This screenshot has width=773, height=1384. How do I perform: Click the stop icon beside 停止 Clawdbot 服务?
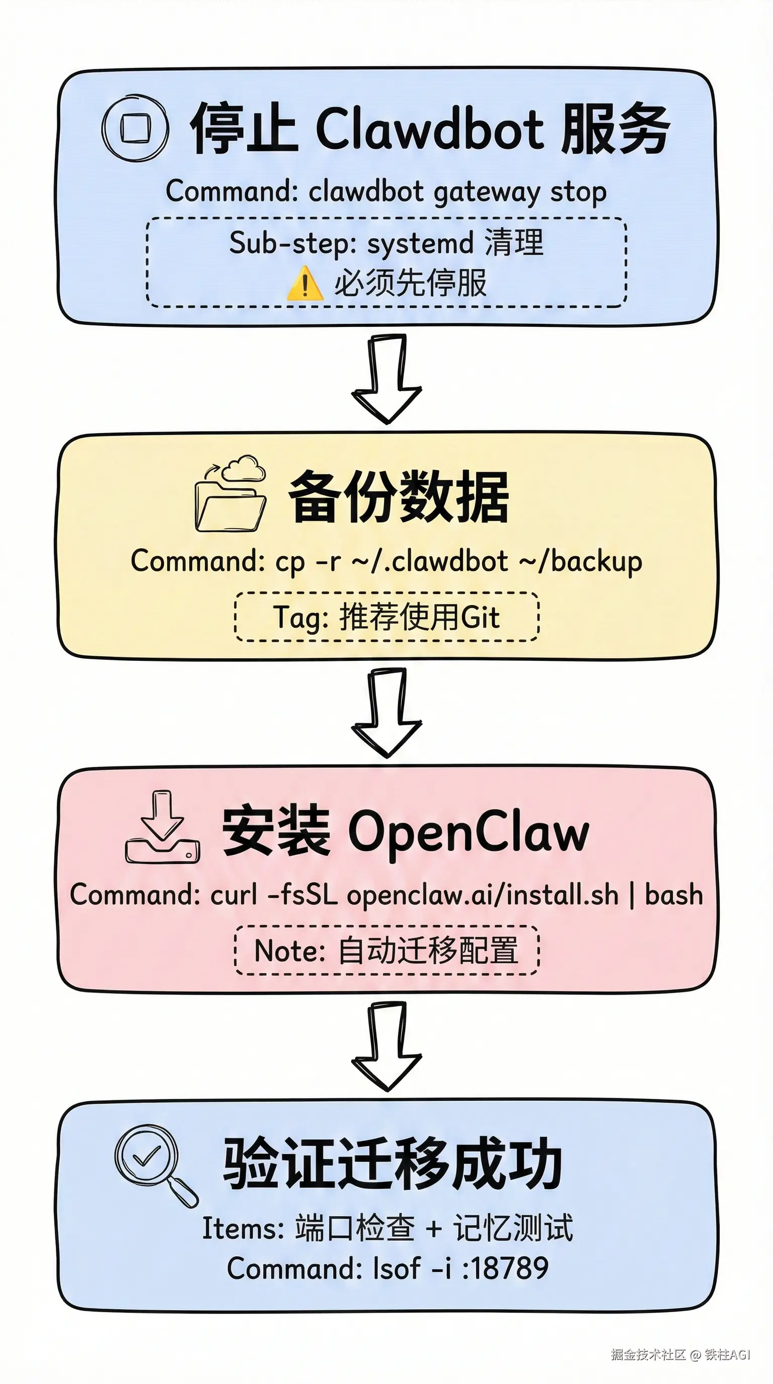coord(135,128)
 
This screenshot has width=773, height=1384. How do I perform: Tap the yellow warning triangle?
coord(305,283)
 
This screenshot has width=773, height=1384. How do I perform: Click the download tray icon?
coord(163,828)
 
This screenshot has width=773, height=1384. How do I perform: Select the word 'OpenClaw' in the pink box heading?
coord(468,833)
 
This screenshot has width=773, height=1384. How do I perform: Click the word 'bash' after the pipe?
coord(673,895)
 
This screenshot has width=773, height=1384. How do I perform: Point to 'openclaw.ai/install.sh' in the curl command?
coord(482,895)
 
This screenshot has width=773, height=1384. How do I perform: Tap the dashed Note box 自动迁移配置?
coord(386,950)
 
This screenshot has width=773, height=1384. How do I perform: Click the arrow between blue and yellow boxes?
coord(386,379)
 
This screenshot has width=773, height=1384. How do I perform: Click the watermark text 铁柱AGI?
coord(727,1354)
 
